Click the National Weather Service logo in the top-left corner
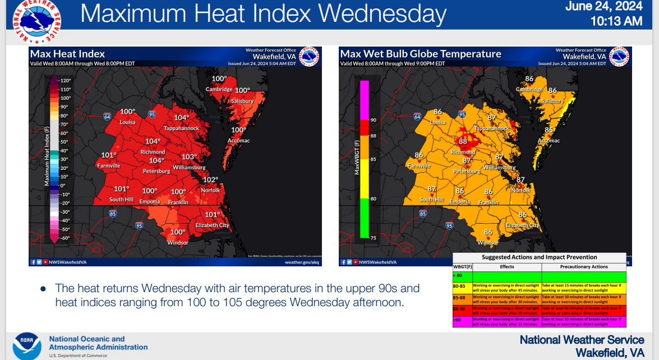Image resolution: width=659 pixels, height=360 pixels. pyautogui.click(x=35, y=21)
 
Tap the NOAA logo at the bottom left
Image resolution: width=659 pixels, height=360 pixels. pyautogui.click(x=27, y=345)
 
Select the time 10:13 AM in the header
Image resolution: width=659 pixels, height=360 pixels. pyautogui.click(x=616, y=22)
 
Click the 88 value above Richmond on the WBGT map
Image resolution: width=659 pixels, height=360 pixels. pyautogui.click(x=463, y=142)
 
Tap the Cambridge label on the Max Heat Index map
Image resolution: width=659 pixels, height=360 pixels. pyautogui.click(x=219, y=90)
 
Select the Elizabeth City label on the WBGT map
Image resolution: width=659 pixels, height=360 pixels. pyautogui.click(x=522, y=225)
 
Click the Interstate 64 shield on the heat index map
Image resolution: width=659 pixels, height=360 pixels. pyautogui.click(x=107, y=116)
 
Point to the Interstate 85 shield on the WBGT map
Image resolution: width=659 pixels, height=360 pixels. pyautogui.click(x=422, y=214)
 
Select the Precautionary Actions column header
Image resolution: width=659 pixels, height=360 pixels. pyautogui.click(x=583, y=267)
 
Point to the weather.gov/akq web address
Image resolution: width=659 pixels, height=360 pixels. pyautogui.click(x=302, y=262)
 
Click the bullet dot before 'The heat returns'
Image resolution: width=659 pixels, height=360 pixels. pyautogui.click(x=43, y=289)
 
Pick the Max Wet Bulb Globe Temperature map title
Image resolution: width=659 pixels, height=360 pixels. pyautogui.click(x=421, y=54)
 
